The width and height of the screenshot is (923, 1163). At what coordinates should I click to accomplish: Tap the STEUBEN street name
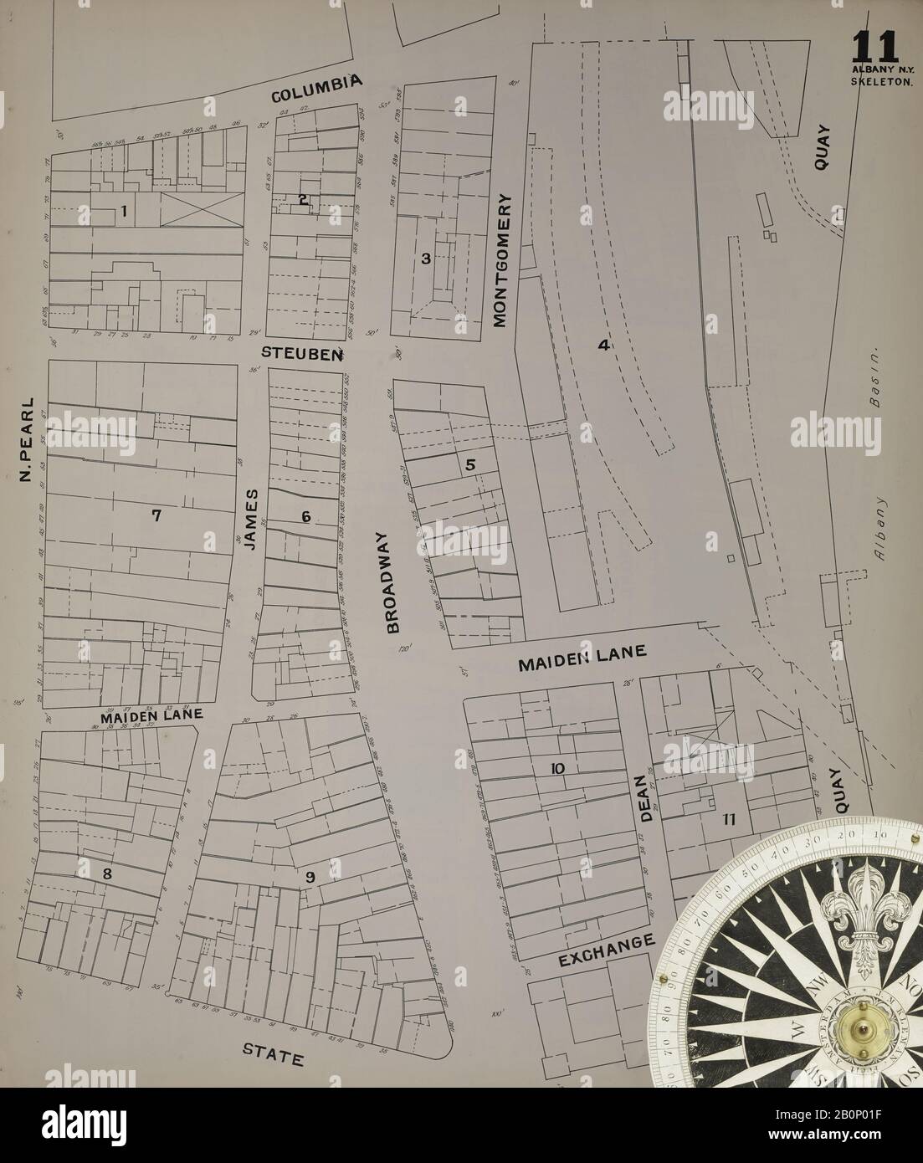pos(302,353)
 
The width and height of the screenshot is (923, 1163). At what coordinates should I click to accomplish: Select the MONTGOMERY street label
pos(500,260)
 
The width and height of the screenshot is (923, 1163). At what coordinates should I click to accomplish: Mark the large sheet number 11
pos(875,46)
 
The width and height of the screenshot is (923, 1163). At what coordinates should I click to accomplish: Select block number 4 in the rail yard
pos(601,344)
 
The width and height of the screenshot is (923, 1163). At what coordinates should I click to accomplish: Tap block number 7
pos(156,515)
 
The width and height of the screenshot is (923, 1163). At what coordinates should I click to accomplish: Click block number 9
pos(310,878)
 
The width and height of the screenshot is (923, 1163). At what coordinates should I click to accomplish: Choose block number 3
pos(425,259)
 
